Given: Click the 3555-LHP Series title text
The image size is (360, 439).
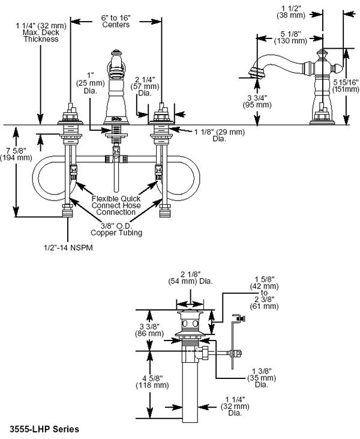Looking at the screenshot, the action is pyautogui.click(x=44, y=429).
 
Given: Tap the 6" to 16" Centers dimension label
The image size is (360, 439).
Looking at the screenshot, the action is pyautogui.click(x=116, y=21).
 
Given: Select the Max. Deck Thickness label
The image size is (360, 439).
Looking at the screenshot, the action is pyautogui.click(x=41, y=35).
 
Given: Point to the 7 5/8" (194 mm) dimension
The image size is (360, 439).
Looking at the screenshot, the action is pyautogui.click(x=16, y=154).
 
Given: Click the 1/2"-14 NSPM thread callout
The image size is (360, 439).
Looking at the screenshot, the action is pyautogui.click(x=68, y=247).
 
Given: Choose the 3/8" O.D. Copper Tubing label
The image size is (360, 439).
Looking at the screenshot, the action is pyautogui.click(x=116, y=229).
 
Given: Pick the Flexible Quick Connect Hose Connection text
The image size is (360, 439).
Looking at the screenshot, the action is pyautogui.click(x=116, y=205).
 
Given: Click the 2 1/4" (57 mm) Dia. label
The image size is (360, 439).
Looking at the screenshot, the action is pyautogui.click(x=145, y=86).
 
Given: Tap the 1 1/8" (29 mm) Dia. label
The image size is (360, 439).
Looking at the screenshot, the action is pyautogui.click(x=220, y=135).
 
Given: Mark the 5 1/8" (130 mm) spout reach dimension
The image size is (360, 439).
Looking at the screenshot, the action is pyautogui.click(x=290, y=37).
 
